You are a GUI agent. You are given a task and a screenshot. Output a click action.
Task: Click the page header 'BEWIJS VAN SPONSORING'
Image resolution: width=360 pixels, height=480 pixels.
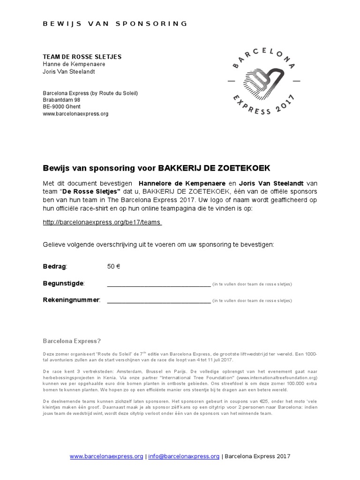point(115,23)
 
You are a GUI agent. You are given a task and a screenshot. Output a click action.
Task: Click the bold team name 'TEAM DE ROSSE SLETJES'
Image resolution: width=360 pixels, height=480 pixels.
point(82,57)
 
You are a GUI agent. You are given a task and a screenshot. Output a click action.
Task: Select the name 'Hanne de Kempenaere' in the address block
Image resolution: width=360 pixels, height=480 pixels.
point(74,64)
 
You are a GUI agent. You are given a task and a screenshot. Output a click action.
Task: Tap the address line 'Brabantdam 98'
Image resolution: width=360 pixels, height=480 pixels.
point(61,100)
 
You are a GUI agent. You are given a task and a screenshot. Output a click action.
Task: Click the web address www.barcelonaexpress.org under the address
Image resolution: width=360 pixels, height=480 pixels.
point(75,113)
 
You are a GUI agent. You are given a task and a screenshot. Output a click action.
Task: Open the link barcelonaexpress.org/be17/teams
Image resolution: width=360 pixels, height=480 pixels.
point(102,223)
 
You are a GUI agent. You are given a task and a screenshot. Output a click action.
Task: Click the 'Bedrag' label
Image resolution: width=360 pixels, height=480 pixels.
point(55,267)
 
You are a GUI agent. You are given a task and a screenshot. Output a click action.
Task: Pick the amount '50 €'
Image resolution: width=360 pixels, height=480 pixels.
point(114,267)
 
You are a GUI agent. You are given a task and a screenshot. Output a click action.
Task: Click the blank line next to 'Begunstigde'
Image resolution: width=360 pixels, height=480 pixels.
point(158,284)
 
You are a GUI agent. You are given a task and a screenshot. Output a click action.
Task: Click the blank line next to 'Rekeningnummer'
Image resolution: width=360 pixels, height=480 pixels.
point(158,300)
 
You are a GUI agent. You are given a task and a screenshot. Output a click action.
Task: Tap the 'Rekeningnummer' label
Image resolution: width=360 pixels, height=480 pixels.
point(71,300)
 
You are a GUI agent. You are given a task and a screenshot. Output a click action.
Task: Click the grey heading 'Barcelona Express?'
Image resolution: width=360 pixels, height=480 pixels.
point(72,341)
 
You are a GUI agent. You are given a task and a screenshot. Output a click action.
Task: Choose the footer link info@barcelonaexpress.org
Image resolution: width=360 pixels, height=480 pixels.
point(184,456)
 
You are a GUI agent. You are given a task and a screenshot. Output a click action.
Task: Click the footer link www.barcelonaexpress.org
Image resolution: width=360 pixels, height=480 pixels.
point(106,456)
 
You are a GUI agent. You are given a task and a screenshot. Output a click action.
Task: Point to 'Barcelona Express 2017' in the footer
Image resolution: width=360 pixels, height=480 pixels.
point(257,456)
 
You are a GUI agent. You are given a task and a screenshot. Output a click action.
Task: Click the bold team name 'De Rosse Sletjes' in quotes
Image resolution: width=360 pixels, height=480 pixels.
point(91,192)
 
